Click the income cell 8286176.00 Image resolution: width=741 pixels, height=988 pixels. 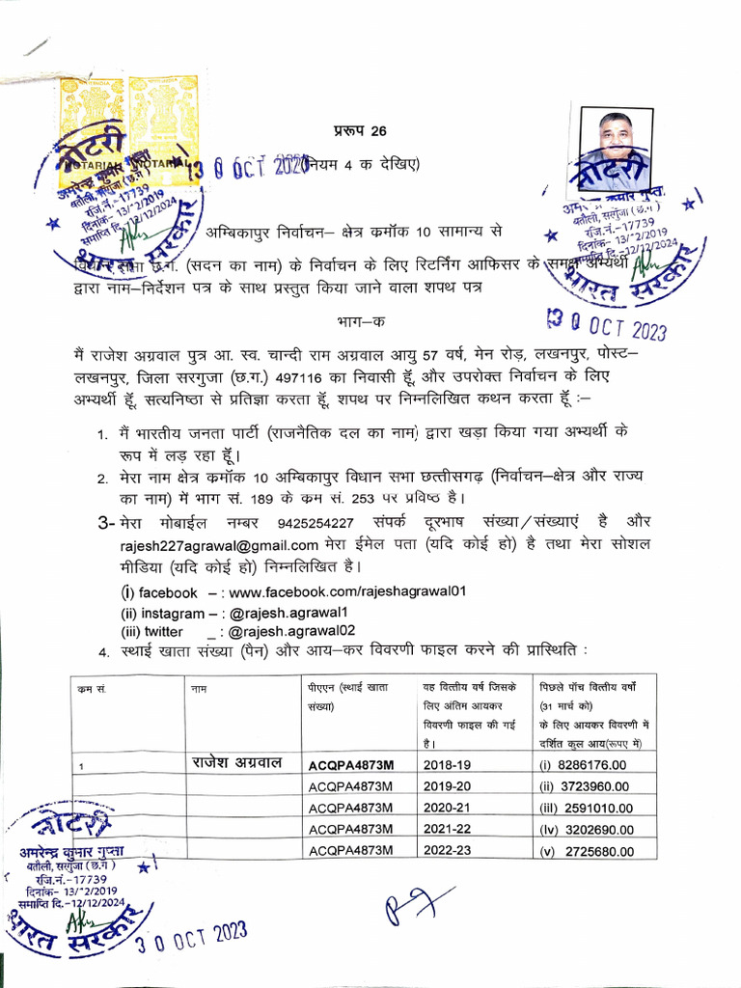click(x=590, y=765)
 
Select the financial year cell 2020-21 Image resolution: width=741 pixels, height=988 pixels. click(x=449, y=808)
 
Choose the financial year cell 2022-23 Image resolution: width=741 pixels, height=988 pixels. click(x=449, y=850)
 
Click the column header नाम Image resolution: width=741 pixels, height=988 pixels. click(x=200, y=689)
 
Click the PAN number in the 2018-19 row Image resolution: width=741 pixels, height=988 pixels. click(x=351, y=765)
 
